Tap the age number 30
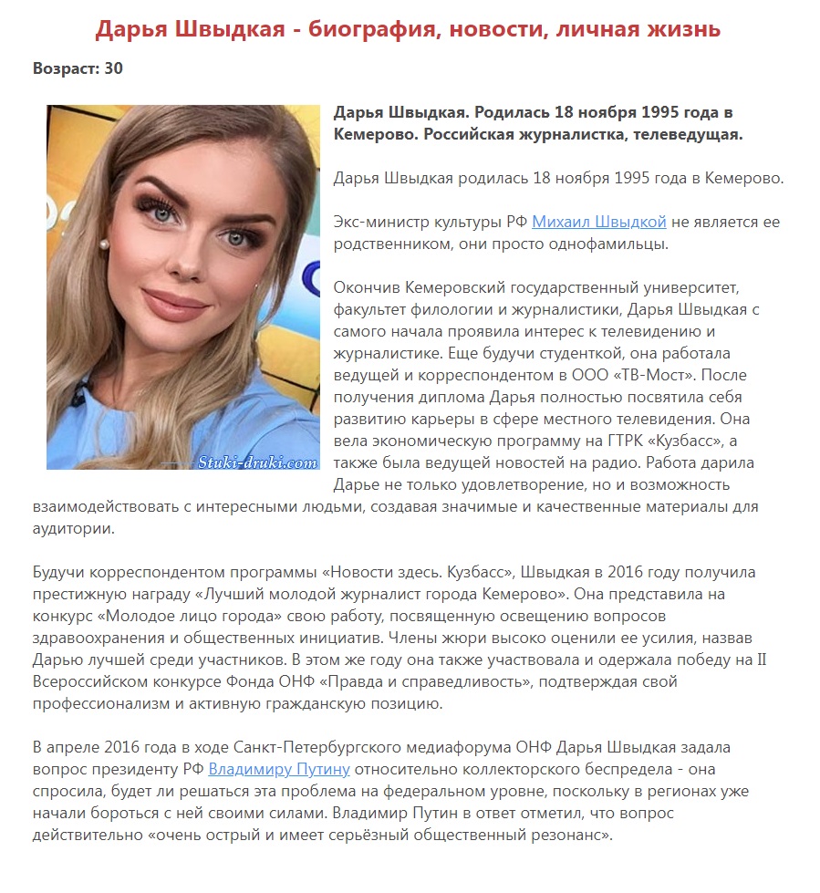click(x=113, y=68)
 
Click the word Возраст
click(x=66, y=68)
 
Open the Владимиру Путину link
click(x=279, y=769)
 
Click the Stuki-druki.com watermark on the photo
click(x=257, y=462)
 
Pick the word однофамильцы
click(x=616, y=244)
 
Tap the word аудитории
click(x=72, y=528)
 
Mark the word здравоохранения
click(x=95, y=638)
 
